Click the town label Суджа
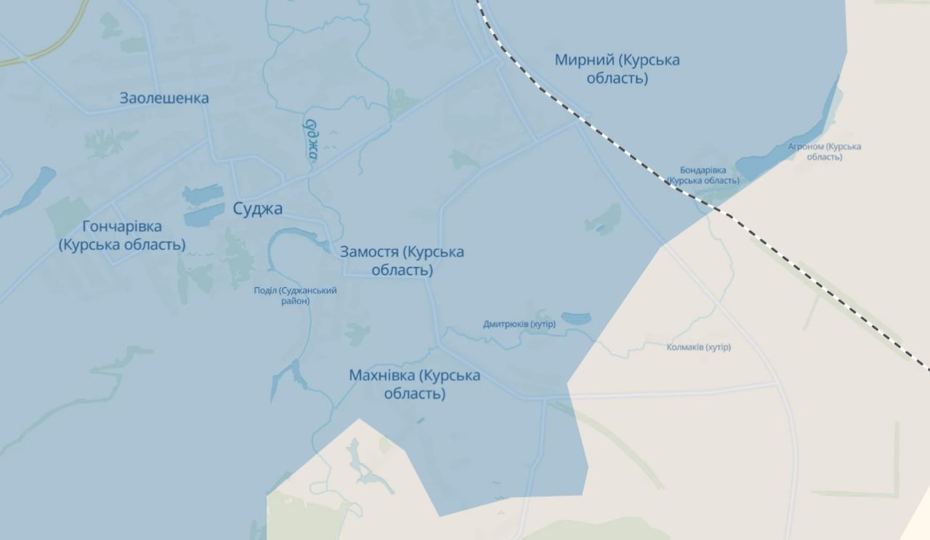pos(257,209)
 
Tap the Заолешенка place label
pos(164,98)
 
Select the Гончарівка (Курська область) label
pos(122,235)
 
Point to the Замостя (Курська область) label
pos(402,261)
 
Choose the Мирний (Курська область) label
pos(617,68)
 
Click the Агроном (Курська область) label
pos(824,151)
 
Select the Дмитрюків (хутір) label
pos(519,324)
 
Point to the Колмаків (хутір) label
pos(698,347)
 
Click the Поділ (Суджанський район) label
pos(295,295)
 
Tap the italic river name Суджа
pos(312,138)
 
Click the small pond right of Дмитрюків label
pos(576,318)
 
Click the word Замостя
pos(369,252)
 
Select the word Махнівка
pos(382,376)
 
